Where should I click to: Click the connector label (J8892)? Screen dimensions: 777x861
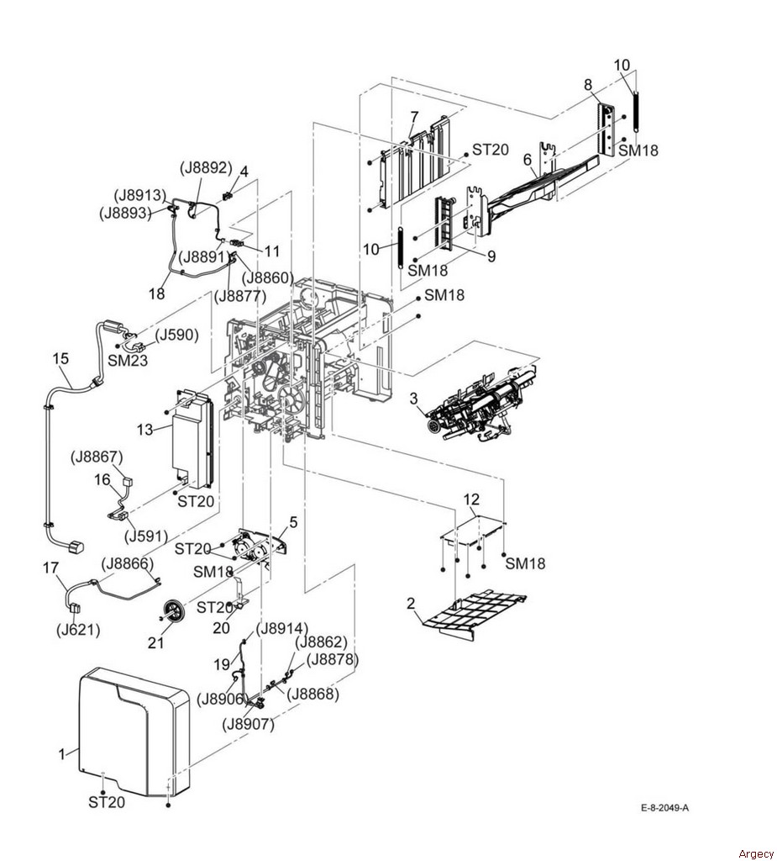(207, 167)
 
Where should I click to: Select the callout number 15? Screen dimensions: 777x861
(60, 358)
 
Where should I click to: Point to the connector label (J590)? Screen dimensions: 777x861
(176, 335)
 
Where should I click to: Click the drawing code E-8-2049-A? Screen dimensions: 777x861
(664, 808)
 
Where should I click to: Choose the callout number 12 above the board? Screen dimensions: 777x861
(471, 499)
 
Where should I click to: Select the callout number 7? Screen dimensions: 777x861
(414, 117)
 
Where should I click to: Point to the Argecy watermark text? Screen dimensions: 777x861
(756, 853)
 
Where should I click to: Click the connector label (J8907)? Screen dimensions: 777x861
(248, 724)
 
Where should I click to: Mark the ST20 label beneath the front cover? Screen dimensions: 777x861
(107, 802)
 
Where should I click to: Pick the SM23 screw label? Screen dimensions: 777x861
(128, 361)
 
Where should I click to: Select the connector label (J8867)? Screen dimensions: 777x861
(97, 457)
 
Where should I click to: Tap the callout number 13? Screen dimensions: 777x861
(144, 430)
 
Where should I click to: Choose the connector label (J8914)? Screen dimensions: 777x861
(282, 628)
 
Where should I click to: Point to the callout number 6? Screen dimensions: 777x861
(528, 160)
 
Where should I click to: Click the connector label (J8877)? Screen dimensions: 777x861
(240, 296)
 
